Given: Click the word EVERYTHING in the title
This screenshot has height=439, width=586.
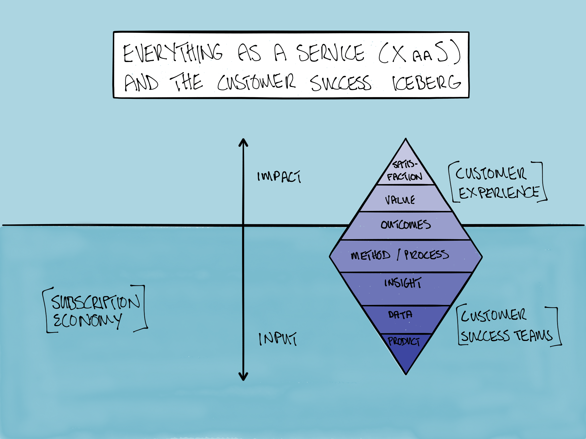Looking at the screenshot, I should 173,53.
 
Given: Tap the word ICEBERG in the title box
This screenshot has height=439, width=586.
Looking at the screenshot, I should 426,83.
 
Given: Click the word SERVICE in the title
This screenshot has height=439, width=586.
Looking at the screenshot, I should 330,53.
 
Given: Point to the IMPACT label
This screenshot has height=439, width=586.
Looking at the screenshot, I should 279,176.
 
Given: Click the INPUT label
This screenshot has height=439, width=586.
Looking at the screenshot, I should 278,339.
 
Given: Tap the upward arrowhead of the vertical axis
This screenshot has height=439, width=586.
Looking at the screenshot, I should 243,142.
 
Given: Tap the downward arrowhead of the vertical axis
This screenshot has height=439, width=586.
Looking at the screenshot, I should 243,377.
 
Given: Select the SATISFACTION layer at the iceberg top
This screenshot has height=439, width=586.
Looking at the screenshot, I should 405,171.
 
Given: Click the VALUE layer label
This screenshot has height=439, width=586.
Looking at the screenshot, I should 400,200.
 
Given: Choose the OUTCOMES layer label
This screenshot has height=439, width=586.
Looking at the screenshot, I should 405,225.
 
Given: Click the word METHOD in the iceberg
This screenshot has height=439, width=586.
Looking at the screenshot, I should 371,255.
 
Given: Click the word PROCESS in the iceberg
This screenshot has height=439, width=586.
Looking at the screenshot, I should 426,254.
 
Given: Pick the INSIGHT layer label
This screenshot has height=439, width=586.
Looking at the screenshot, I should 403,283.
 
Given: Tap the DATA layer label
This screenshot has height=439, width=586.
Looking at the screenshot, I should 400,315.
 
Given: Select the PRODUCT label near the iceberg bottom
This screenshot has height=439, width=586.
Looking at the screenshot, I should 404,341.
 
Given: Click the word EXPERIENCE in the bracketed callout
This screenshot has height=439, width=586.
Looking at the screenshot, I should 499,192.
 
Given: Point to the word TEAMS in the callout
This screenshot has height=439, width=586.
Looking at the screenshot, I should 534,336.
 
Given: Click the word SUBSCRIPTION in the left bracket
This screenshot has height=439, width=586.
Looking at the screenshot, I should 96,302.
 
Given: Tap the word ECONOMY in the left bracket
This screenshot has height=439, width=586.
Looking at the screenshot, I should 87,320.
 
